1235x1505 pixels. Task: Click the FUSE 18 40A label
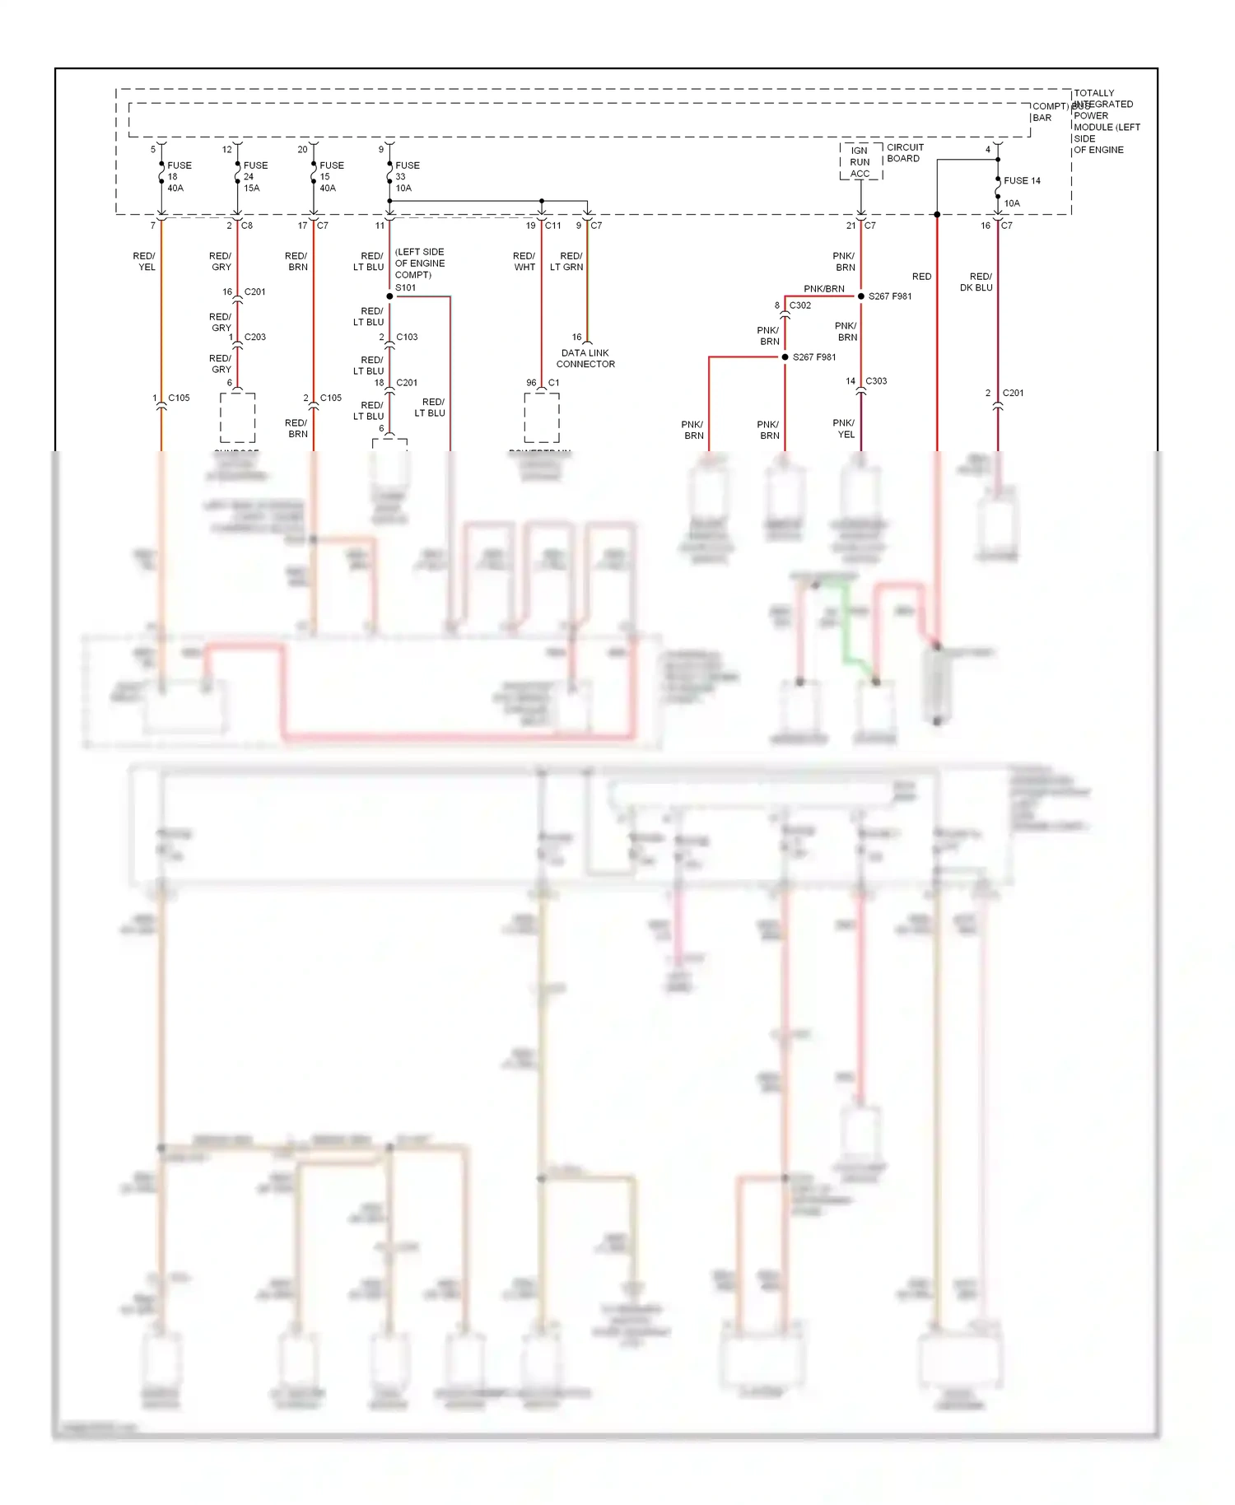(179, 176)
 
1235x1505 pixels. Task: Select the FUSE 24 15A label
(254, 176)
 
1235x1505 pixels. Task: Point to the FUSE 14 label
(1022, 180)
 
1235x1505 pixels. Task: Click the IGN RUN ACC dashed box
(860, 161)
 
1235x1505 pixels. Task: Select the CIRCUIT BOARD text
(905, 152)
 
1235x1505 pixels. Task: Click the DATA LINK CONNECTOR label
(585, 358)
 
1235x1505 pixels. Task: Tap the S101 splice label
(405, 287)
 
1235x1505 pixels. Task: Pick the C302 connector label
(799, 305)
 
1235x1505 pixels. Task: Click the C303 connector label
(876, 381)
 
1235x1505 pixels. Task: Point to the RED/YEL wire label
(145, 261)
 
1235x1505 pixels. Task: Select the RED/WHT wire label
(524, 261)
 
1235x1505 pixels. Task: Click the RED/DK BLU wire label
(978, 282)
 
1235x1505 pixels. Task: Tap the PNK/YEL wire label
(845, 428)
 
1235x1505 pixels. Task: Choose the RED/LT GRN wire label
(566, 261)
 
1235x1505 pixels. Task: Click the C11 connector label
(552, 225)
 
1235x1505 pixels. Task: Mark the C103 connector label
(407, 337)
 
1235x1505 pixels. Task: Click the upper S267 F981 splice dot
(861, 296)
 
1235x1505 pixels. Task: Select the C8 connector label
(247, 225)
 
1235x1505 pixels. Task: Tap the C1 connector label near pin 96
(554, 382)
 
